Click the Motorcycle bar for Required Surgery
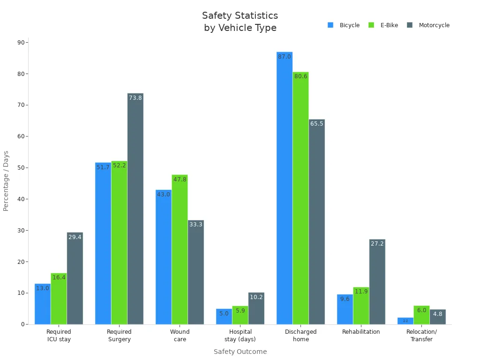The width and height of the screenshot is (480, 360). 135,209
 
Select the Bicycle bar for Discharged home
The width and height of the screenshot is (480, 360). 285,187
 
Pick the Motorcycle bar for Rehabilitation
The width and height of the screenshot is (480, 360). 377,282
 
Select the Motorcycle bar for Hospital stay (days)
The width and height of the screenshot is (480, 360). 256,308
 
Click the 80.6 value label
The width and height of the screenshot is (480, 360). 300,76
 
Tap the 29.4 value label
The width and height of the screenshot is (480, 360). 75,237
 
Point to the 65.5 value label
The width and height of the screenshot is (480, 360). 317,124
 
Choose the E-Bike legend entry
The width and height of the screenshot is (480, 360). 383,25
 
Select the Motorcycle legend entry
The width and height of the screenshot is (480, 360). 428,25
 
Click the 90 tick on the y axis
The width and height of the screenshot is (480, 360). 21,43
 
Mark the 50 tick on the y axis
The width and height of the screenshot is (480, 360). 21,168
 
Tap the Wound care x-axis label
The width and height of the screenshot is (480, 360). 180,336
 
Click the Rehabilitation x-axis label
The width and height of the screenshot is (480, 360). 361,332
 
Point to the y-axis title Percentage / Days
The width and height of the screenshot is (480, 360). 6,180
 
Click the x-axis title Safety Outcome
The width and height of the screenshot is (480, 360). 240,352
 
